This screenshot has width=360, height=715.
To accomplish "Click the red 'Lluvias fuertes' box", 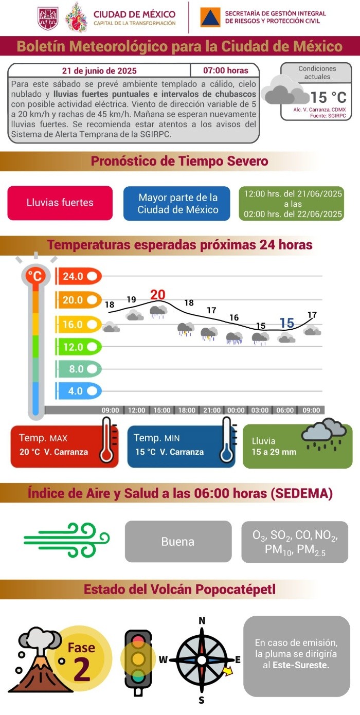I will click(60, 203).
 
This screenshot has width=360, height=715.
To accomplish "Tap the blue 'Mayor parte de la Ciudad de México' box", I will click(177, 203).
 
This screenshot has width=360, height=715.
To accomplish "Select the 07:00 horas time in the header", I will click(225, 70).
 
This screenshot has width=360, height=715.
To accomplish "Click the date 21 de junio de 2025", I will click(99, 70).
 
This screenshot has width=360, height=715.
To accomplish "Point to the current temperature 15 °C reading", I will click(328, 97).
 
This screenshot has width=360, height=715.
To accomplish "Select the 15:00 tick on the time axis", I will click(161, 410).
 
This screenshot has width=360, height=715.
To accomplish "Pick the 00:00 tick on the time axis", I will click(236, 410).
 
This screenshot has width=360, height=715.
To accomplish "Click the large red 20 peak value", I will click(158, 295).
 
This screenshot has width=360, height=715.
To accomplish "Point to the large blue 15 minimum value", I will click(286, 323).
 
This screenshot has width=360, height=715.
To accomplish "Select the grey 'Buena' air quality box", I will click(178, 541).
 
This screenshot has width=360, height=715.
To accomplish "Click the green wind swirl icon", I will click(67, 540).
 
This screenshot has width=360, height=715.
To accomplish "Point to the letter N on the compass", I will click(202, 620).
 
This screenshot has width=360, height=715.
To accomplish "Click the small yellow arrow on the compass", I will click(228, 670).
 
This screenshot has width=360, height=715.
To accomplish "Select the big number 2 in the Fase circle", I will click(82, 669).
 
